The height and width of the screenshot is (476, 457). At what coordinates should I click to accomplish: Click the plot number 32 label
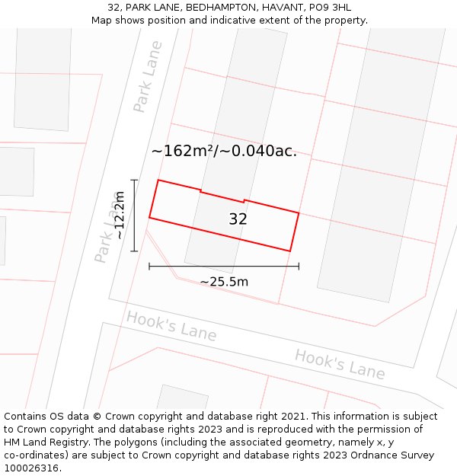click(x=238, y=219)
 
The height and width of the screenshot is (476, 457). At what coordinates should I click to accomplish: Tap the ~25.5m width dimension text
click(x=224, y=282)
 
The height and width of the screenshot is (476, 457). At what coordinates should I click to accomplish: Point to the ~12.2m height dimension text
click(x=119, y=216)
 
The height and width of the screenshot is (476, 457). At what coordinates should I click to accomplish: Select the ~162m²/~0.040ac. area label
click(x=224, y=151)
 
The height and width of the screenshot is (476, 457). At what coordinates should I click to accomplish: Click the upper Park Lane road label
click(x=148, y=77)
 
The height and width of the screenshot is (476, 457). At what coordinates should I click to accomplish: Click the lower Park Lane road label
click(x=107, y=238)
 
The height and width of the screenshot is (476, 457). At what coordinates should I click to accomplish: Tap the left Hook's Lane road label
click(x=171, y=326)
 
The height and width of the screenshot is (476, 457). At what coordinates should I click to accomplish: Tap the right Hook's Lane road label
click(x=340, y=363)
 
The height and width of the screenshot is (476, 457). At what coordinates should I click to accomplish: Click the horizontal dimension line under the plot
click(x=224, y=266)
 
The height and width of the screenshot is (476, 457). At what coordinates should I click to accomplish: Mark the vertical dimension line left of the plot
click(x=134, y=216)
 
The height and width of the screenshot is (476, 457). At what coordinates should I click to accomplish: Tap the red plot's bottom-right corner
click(x=290, y=251)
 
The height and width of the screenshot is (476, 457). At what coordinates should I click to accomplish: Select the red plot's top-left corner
click(x=158, y=180)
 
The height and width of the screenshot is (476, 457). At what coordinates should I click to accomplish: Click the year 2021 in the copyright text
click(x=293, y=417)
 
